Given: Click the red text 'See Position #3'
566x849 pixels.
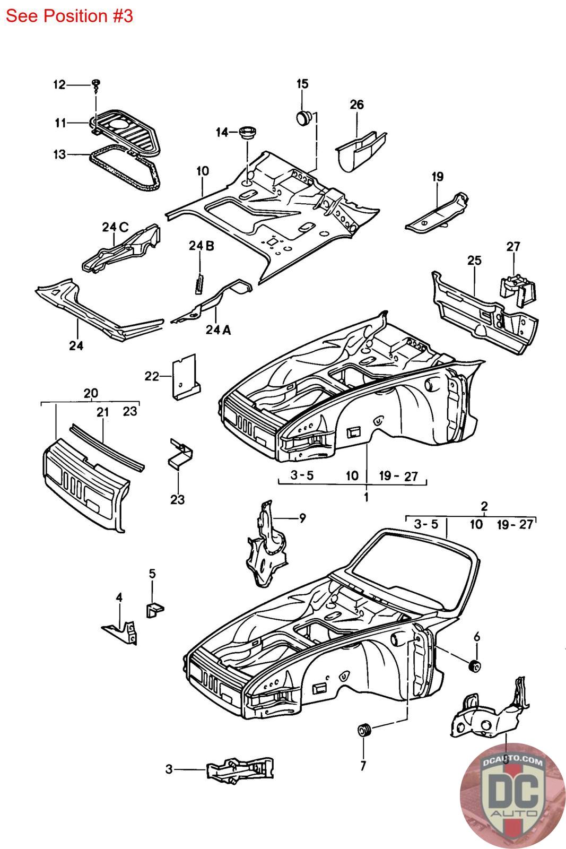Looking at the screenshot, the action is click(69, 16).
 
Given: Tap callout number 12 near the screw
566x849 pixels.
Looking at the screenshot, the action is click(59, 84).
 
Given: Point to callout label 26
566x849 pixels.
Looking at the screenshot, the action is click(356, 105).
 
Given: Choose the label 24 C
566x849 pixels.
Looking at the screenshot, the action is click(115, 227).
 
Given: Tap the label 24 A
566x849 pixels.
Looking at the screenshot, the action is click(218, 330).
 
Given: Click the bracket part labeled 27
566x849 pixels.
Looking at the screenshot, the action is click(518, 290).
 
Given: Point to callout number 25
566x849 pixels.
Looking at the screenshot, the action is click(474, 261).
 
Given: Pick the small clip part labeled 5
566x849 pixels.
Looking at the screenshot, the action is click(154, 610).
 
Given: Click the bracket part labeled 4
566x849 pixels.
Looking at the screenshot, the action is click(120, 632).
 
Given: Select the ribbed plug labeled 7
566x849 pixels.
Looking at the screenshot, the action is click(364, 730).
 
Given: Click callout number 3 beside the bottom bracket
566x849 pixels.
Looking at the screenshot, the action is click(169, 769).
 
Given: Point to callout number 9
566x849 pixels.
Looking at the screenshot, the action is click(302, 518).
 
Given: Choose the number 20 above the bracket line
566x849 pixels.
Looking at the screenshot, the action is click(91, 393).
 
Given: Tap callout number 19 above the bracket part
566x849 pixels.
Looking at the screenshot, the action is click(438, 177).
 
